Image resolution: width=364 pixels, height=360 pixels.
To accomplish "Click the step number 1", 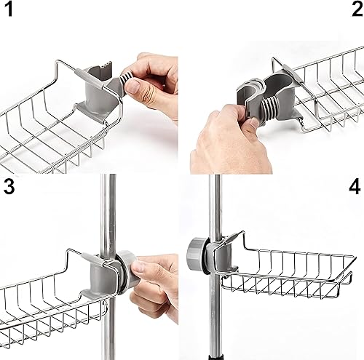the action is tap(9, 9).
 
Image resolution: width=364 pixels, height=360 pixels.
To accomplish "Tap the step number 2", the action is tap(357, 9).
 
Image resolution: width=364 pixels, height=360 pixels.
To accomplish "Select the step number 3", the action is tap(9, 186).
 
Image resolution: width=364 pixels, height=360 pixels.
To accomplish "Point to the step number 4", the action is tap(355, 187).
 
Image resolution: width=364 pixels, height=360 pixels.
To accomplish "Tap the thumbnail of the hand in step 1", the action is tap(133, 87).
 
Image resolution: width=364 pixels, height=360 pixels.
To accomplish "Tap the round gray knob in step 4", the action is tap(194, 253).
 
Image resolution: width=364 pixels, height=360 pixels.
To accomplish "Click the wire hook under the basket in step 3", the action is tap(105, 308).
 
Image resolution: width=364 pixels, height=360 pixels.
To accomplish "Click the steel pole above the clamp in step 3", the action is tap(108, 213).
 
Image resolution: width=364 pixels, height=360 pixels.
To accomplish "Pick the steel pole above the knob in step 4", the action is tap(215, 206).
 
